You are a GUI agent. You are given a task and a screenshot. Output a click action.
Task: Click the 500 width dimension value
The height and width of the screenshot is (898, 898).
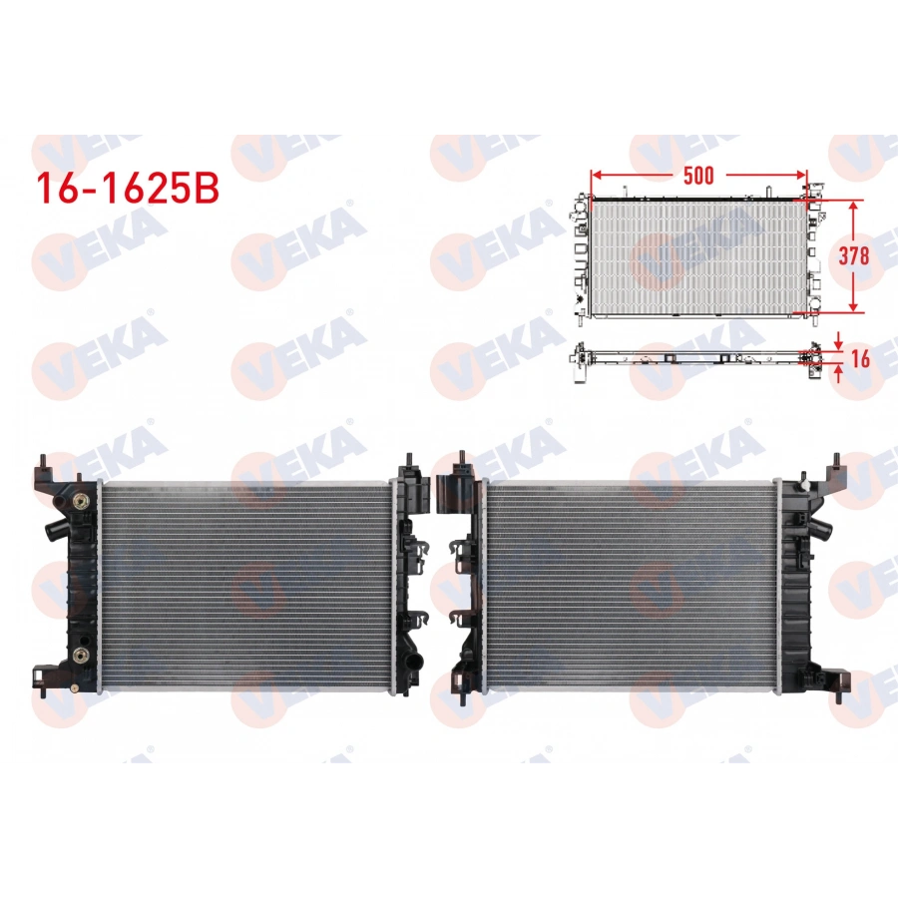click(698, 176)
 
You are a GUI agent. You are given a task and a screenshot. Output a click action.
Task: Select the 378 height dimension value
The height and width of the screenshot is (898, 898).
click(854, 254)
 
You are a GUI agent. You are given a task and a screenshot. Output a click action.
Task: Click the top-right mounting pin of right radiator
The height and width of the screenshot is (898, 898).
click(836, 462)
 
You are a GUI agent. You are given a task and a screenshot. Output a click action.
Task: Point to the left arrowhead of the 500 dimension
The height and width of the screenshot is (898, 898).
click(596, 176)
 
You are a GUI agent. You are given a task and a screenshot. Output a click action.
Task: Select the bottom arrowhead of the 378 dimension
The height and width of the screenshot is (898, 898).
click(854, 307)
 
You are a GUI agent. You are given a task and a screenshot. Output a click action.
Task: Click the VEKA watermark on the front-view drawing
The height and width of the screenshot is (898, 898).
click(698, 244)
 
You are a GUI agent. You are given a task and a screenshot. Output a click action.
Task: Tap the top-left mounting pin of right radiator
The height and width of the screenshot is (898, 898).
click(463, 461)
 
